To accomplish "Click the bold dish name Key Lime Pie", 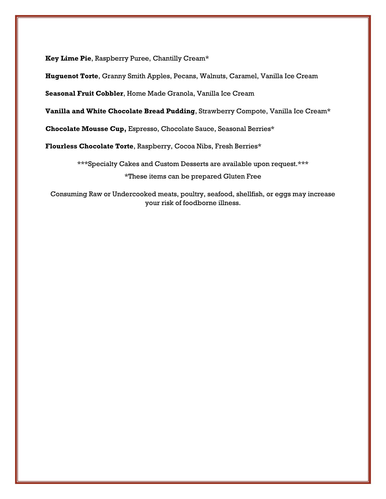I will pos(68,58).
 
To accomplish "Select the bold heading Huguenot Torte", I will pos(72,76).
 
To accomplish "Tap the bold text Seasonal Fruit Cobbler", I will pos(84,94).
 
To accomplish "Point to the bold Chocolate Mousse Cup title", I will pos(86,129).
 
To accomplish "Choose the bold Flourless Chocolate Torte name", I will pos(89,146).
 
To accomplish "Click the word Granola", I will pos(181,94).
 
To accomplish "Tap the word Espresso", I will pos(143,129).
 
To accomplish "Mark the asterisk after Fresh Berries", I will pos(259,146).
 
